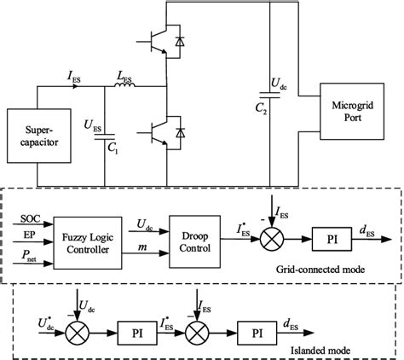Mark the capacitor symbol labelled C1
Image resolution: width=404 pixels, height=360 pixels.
coord(105,135)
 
